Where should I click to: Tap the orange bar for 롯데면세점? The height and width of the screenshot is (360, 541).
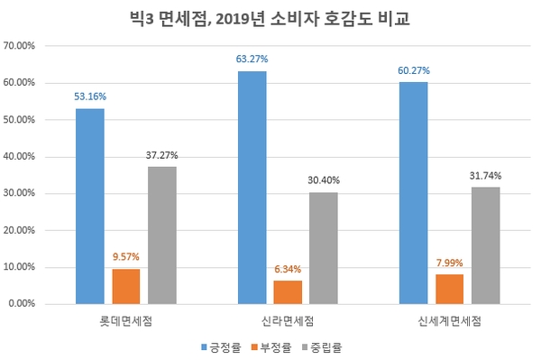click(x=126, y=286)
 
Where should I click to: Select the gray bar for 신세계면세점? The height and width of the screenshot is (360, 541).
click(x=485, y=245)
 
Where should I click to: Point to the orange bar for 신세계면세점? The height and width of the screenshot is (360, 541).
click(x=449, y=289)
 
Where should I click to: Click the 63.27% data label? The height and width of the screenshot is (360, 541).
click(x=252, y=60)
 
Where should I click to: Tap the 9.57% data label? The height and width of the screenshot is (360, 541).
click(x=126, y=256)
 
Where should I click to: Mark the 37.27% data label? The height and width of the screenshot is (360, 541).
click(x=162, y=154)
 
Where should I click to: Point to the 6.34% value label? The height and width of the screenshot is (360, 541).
click(x=288, y=268)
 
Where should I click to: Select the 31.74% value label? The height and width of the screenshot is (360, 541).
click(x=485, y=175)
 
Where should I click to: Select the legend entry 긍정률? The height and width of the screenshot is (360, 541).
click(x=225, y=345)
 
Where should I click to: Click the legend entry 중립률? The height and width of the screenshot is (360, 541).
click(x=327, y=345)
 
